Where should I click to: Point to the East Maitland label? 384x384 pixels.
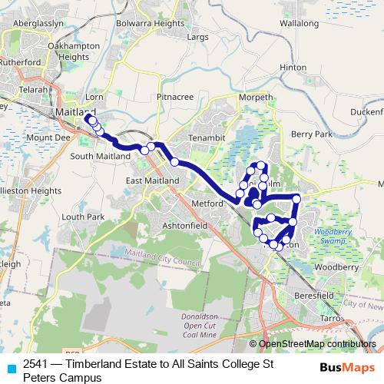tap(151, 180)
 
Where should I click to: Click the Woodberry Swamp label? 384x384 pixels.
tap(333, 235)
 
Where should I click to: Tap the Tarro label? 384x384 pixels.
tap(329, 317)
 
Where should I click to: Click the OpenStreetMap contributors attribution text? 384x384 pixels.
tap(316, 344)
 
